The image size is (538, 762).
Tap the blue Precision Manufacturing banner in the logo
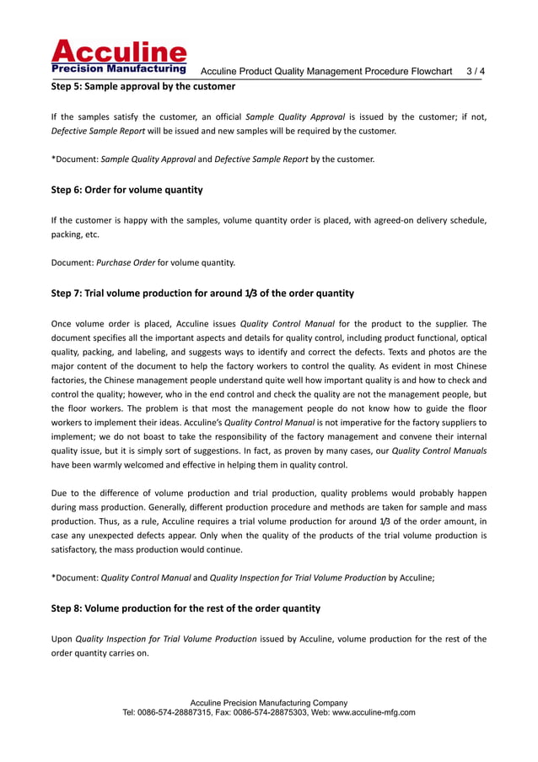pos(119,69)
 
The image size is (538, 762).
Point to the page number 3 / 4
pos(476,72)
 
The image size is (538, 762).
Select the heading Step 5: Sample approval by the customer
pos(143,86)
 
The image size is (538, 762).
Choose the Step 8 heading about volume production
pos(186,608)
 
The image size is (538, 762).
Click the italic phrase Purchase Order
pos(126,262)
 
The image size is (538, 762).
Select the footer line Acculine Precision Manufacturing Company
pos(269,702)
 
